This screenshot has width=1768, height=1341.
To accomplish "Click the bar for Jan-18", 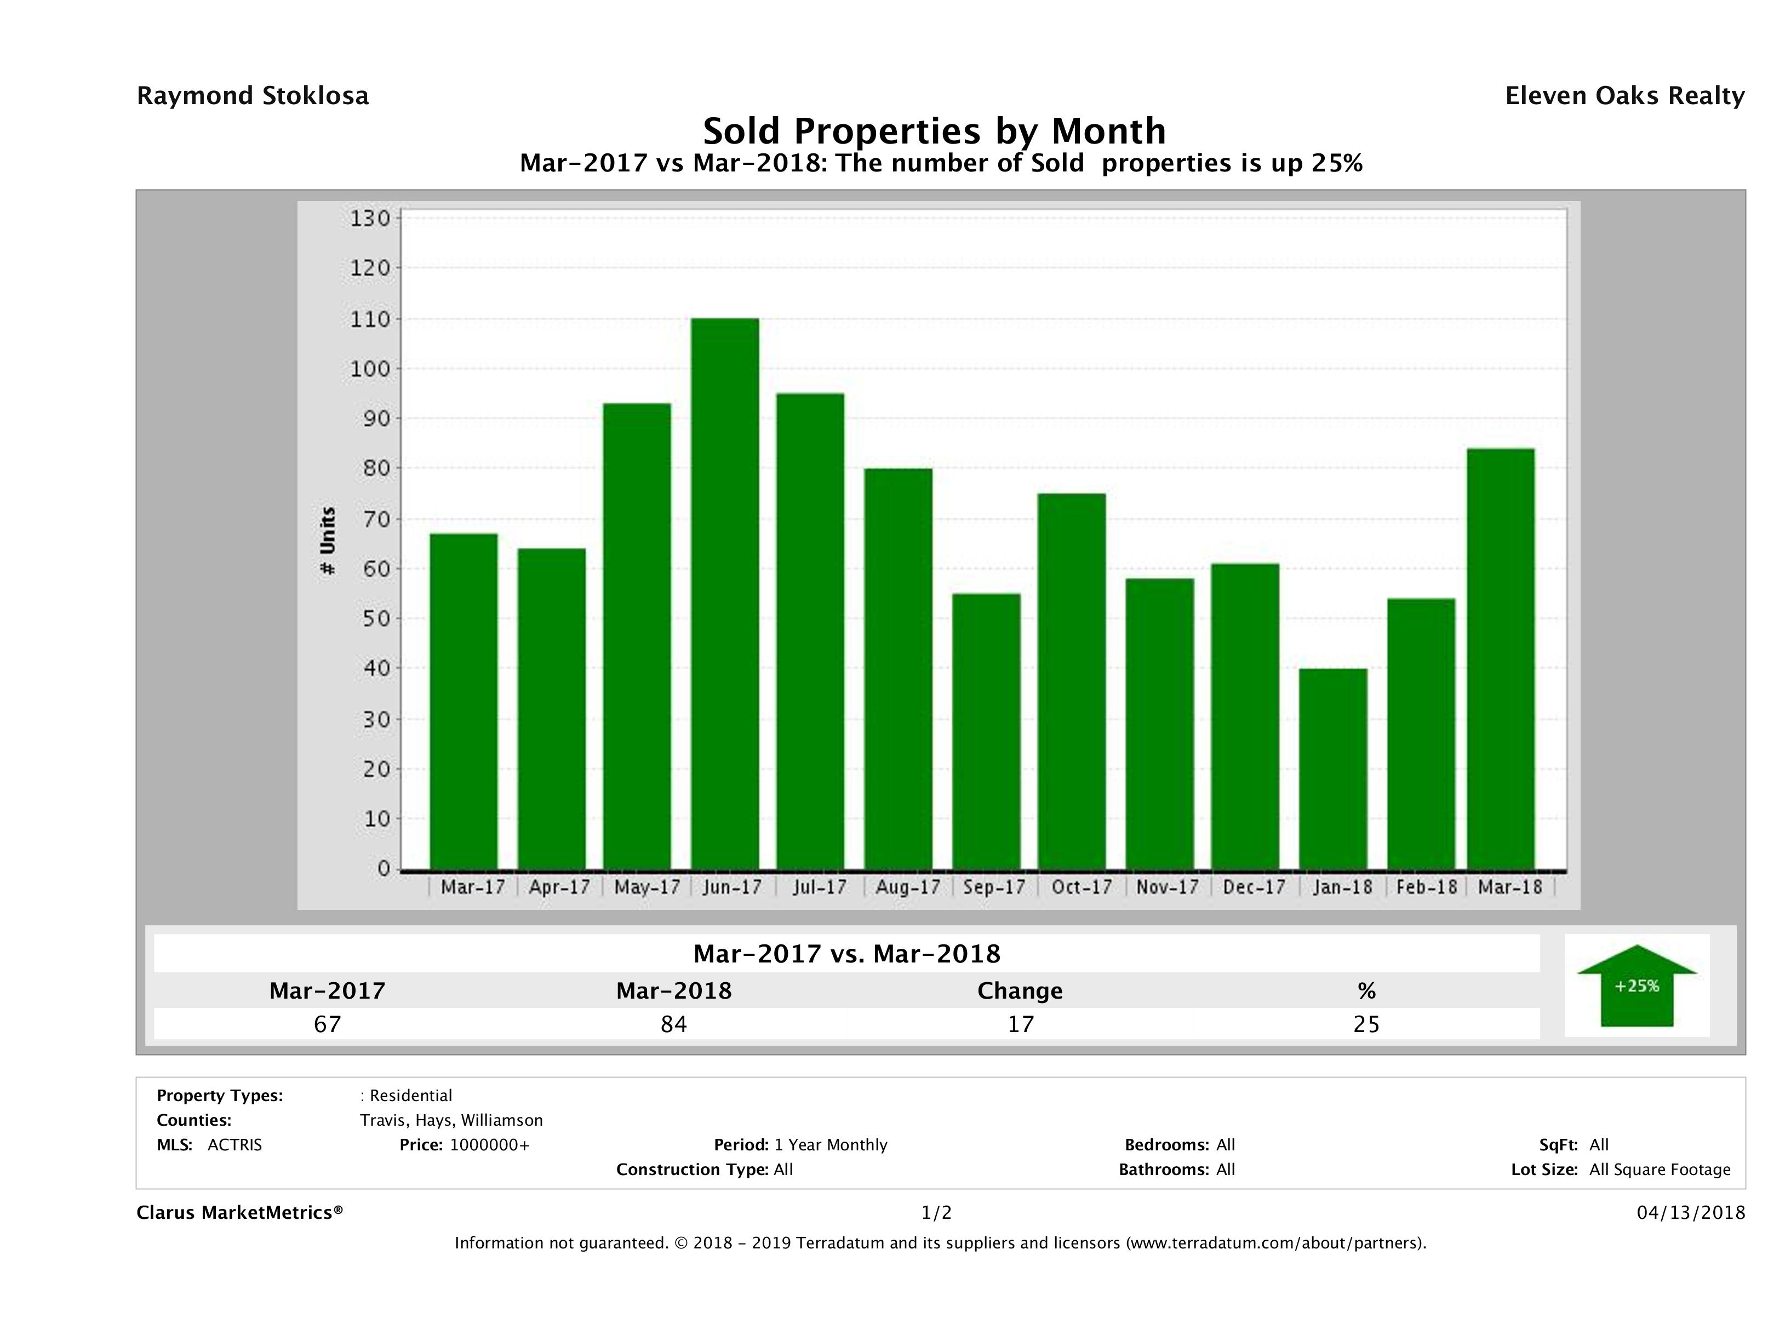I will [x=1332, y=768].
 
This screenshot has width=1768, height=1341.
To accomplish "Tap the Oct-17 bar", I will [x=1072, y=681].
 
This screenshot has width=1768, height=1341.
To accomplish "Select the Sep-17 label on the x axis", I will [x=993, y=887].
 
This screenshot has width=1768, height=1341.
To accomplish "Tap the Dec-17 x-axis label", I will [x=1253, y=887].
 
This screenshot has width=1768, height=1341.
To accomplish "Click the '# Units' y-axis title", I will [x=328, y=541].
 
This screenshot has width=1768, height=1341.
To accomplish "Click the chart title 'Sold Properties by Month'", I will [x=934, y=130].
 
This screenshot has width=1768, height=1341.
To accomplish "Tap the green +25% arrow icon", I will [x=1636, y=985].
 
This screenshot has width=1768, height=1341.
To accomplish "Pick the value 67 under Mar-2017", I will [x=327, y=1024].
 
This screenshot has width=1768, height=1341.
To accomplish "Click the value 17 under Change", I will [x=1020, y=1024].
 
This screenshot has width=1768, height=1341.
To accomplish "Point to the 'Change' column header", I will [x=1020, y=991].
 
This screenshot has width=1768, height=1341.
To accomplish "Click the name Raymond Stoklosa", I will [x=253, y=96].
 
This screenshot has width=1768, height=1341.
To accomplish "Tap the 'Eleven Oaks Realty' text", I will [x=1624, y=96].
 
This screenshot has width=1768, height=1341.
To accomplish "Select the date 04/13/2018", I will [x=1690, y=1213].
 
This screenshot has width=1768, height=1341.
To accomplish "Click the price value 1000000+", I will [x=489, y=1145].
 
